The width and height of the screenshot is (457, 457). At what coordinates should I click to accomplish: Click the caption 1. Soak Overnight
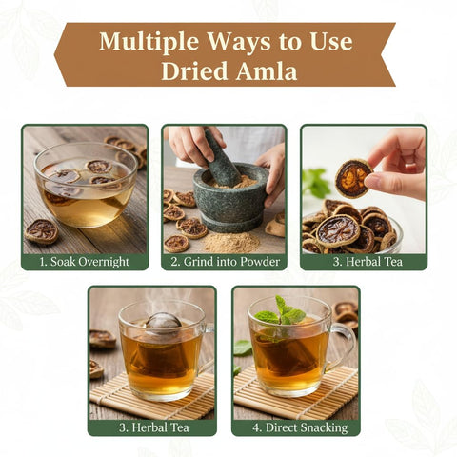pyautogui.click(x=85, y=262)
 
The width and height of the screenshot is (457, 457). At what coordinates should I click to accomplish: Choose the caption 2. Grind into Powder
pyautogui.click(x=226, y=262)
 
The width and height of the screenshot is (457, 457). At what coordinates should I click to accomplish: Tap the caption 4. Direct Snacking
pyautogui.click(x=300, y=427)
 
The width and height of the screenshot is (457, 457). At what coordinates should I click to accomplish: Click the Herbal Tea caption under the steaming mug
pyautogui.click(x=154, y=427)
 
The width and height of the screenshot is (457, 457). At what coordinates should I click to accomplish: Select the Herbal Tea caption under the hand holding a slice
pyautogui.click(x=368, y=262)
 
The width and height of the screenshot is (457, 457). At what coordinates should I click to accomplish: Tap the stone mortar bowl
pyautogui.click(x=231, y=197)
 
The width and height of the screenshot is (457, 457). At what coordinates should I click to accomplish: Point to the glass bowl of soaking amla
pyautogui.click(x=86, y=186)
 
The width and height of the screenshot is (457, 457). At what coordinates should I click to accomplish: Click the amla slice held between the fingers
pyautogui.click(x=353, y=178)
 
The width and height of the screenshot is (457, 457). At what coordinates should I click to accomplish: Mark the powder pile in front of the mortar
pyautogui.click(x=231, y=243)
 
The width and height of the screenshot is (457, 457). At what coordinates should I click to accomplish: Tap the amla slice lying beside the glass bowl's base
pyautogui.click(x=42, y=231)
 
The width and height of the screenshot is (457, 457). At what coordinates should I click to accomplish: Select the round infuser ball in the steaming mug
pyautogui.click(x=163, y=321)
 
